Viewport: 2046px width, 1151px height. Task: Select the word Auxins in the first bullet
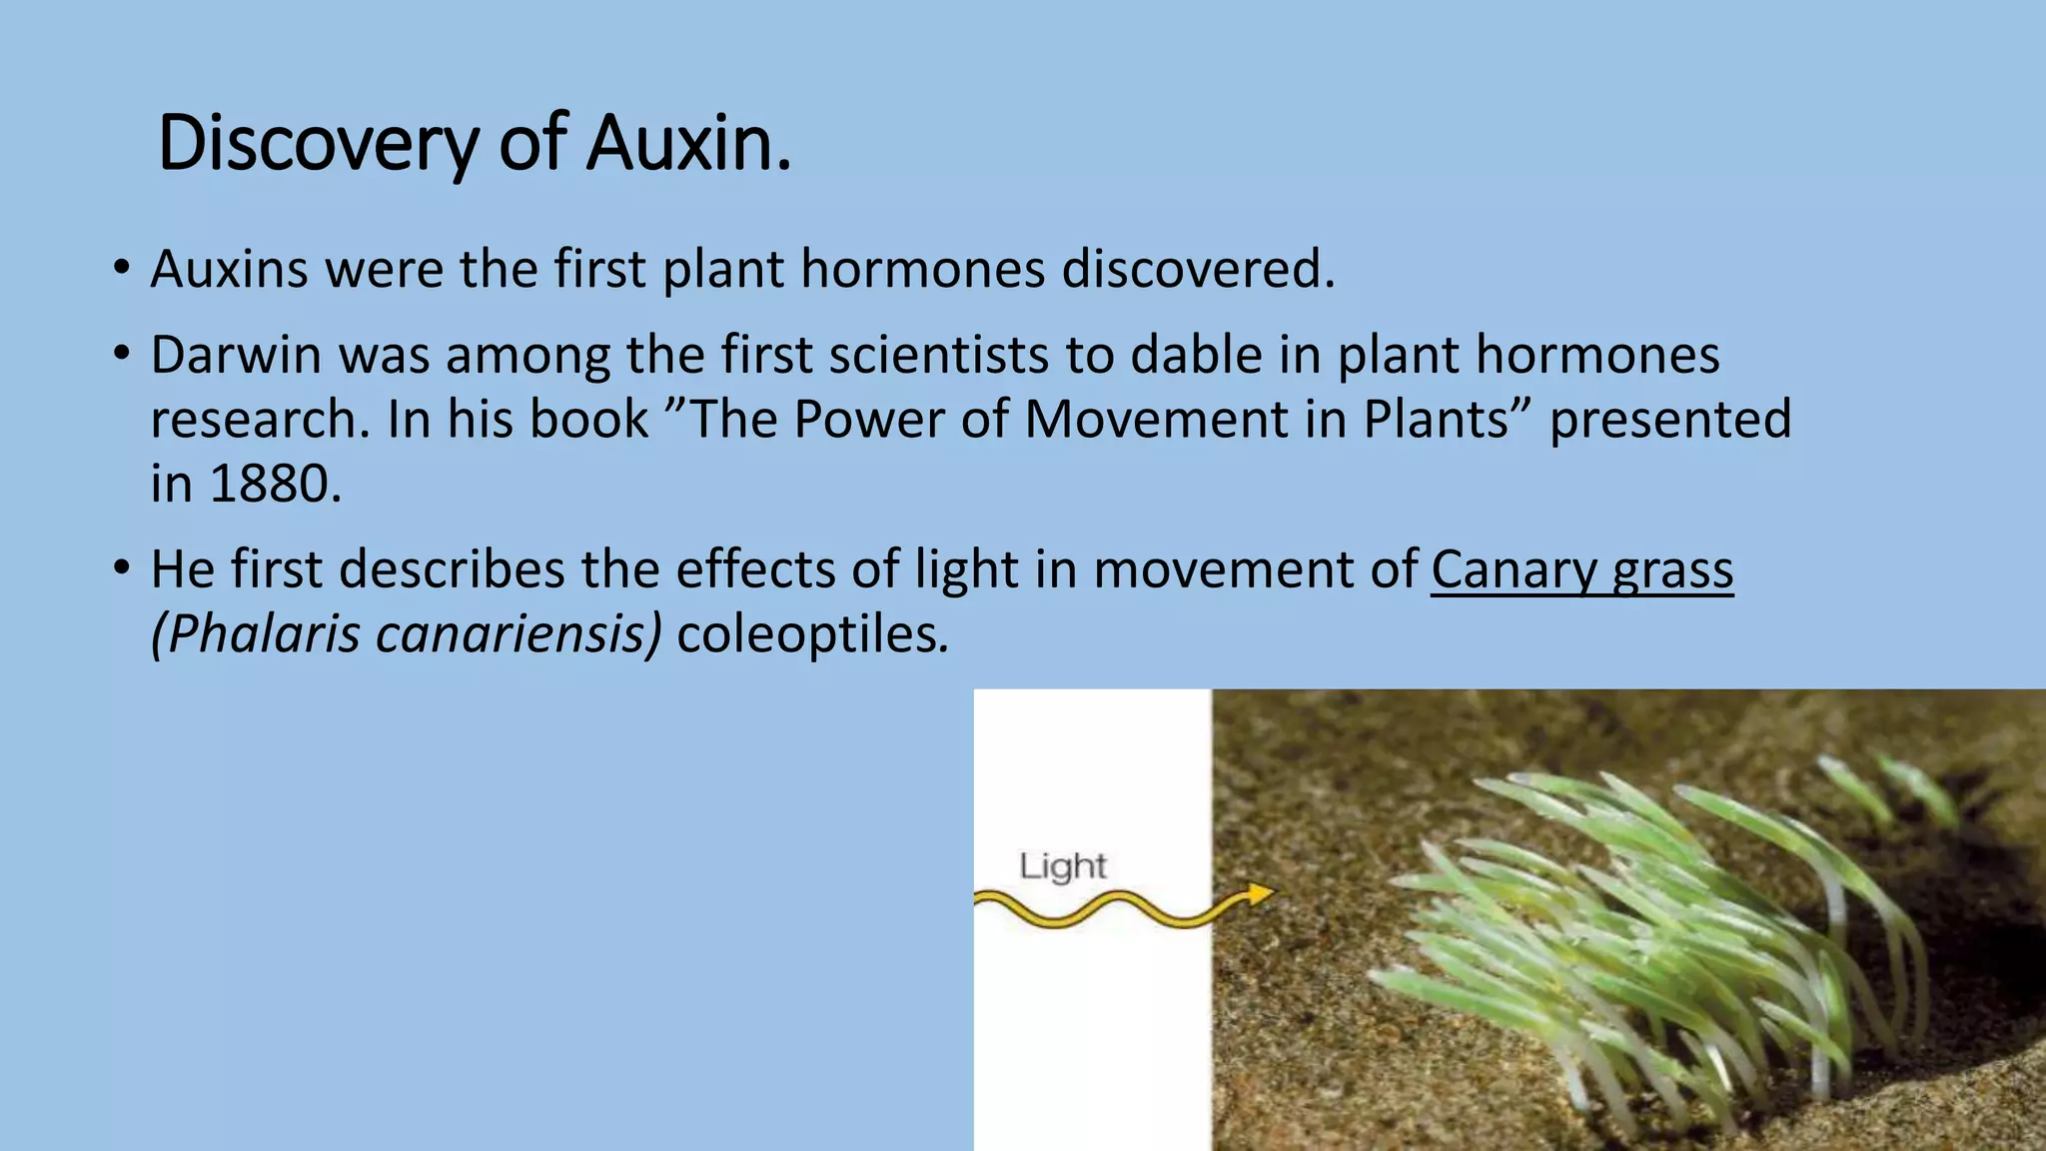click(229, 269)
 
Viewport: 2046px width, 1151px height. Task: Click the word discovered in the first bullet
click(1197, 269)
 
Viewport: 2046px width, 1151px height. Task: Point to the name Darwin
click(236, 355)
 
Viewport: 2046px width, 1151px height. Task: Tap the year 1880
click(270, 485)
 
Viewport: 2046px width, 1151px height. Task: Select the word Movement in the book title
click(1156, 420)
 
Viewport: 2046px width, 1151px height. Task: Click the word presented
click(1670, 420)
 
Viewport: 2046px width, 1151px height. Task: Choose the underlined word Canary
click(1514, 571)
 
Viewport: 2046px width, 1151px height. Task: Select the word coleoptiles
click(810, 634)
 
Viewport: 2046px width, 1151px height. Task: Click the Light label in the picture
click(1063, 865)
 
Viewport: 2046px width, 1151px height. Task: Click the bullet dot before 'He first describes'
click(122, 569)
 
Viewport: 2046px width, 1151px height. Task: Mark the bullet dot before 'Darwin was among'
click(122, 354)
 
